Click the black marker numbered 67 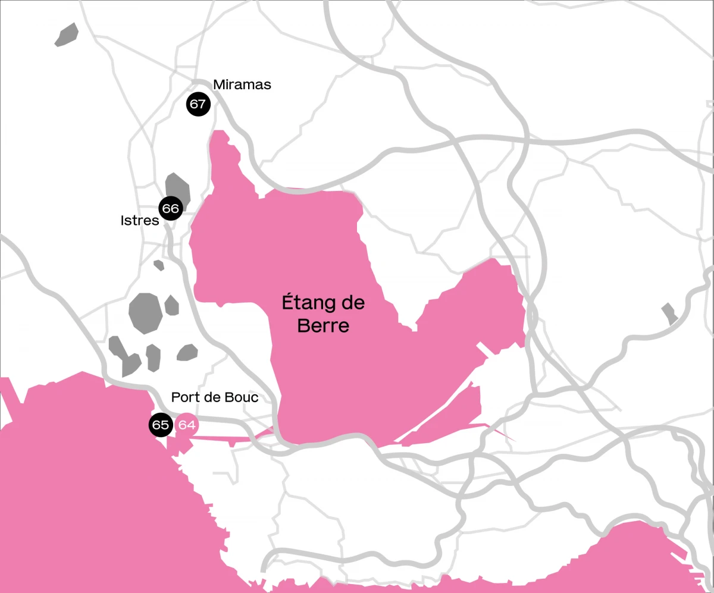click(x=198, y=105)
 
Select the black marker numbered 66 click(x=170, y=209)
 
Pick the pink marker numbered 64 click(x=187, y=425)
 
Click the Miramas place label click(x=242, y=85)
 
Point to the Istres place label click(x=140, y=221)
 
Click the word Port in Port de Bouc click(x=183, y=397)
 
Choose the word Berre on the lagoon click(x=323, y=326)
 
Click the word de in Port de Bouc click(x=211, y=397)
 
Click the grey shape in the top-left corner click(x=67, y=34)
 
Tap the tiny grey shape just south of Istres click(x=159, y=265)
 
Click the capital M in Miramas click(x=219, y=85)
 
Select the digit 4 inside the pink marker click(x=190, y=425)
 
